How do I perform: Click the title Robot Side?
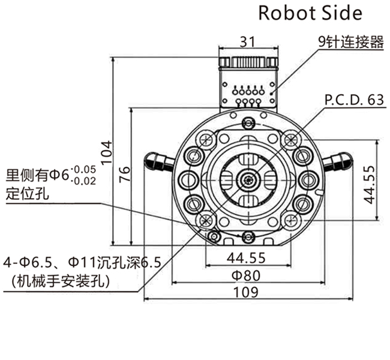pos(310,13)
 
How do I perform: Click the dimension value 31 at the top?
pos(248,41)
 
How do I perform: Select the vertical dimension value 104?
pos(106,153)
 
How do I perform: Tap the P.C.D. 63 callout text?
pos(353,100)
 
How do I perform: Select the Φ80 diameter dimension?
pos(247,276)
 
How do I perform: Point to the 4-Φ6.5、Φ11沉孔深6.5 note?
pos(84,263)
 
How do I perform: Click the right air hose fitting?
pos(337,161)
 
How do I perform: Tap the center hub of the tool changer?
pos(248,179)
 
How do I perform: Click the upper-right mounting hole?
pos(292,140)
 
